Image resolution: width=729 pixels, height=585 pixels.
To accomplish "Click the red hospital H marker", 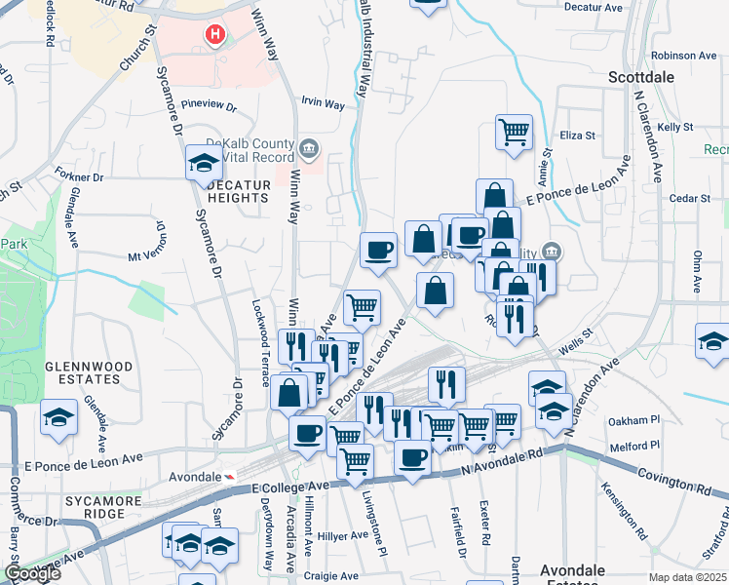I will pyautogui.click(x=215, y=36).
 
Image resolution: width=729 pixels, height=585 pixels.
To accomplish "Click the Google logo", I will pyautogui.click(x=32, y=573).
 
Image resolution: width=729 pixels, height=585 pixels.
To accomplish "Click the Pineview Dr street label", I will pyautogui.click(x=210, y=104).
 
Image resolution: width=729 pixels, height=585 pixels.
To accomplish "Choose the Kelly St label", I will pyautogui.click(x=674, y=127).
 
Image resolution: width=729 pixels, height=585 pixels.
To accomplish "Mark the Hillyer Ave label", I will pyautogui.click(x=343, y=535).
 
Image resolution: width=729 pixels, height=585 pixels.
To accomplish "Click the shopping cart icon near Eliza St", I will pyautogui.click(x=514, y=131).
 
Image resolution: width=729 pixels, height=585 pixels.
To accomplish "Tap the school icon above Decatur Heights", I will pyautogui.click(x=204, y=161).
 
